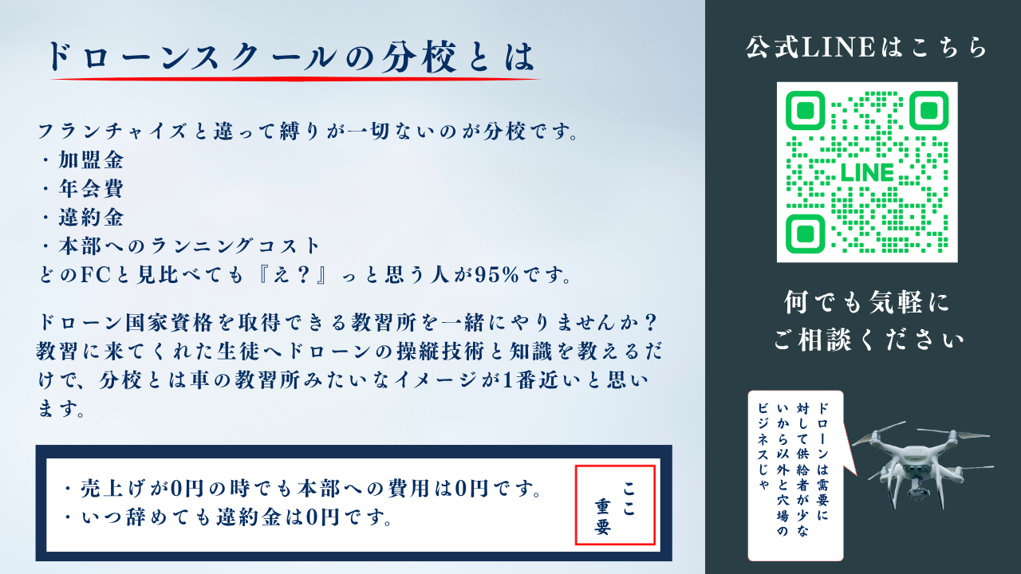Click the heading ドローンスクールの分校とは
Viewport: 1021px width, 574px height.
pyautogui.click(x=289, y=57)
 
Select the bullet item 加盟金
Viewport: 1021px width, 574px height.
pyautogui.click(x=90, y=160)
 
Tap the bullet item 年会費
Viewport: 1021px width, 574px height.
pyautogui.click(x=90, y=189)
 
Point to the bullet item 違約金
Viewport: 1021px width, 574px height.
pyautogui.click(x=90, y=217)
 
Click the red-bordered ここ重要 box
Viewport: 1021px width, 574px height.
pyautogui.click(x=615, y=505)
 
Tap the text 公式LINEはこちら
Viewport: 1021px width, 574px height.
pyautogui.click(x=867, y=48)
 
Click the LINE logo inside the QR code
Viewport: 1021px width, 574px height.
pyautogui.click(x=867, y=172)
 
